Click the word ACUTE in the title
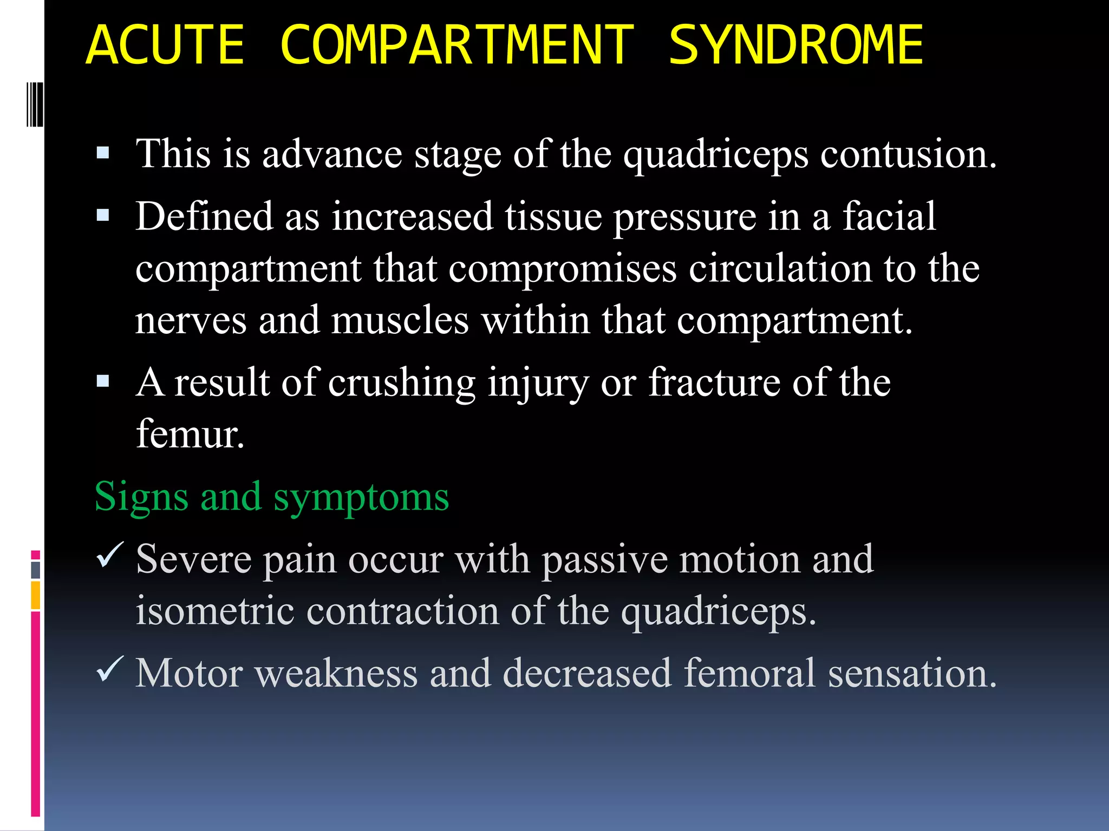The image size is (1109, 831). [165, 45]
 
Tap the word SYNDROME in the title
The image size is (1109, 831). [795, 45]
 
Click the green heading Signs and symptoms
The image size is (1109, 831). [271, 496]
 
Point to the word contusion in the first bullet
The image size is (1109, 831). [908, 154]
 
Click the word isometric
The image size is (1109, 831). [214, 611]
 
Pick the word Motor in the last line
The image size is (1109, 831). [188, 674]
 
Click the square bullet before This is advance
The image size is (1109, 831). [103, 153]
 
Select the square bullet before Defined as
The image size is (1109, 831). [103, 216]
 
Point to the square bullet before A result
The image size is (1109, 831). [103, 382]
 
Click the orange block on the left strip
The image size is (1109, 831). [35, 595]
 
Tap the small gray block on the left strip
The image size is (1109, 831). [35, 570]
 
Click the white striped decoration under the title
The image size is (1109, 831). [35, 104]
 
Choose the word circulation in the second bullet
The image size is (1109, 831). [780, 268]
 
